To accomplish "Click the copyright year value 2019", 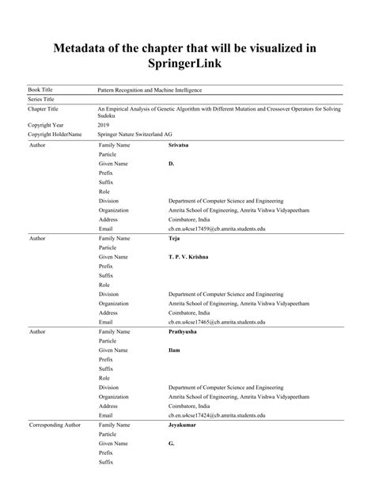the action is pos(104,125).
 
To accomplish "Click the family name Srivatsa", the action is pos(180,146).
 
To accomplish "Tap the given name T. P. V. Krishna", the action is pos(188,257).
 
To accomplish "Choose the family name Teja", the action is pos(175,238).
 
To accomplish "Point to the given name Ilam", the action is pos(175,350).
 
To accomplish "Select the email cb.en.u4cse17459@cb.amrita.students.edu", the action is pos(217,229).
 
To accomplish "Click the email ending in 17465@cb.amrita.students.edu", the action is pos(217,322).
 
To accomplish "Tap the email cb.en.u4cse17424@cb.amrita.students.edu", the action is pos(217,415).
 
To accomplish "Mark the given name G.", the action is pos(172,443).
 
